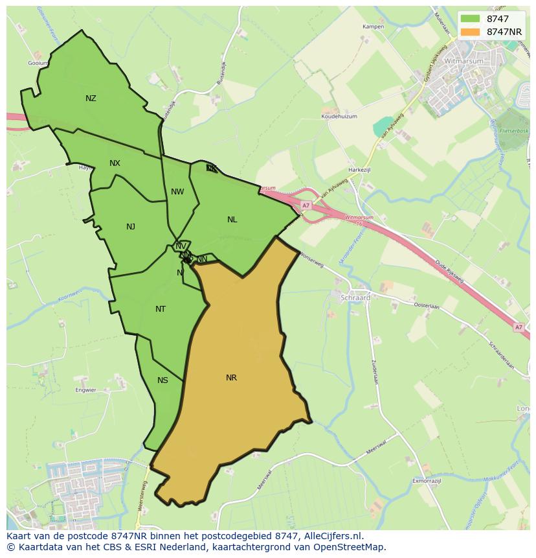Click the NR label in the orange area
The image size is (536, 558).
click(x=231, y=378)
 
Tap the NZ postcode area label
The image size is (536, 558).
click(x=91, y=99)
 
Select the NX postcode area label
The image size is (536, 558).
click(x=115, y=163)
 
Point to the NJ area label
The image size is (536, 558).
click(x=131, y=227)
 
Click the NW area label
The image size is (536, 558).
click(x=177, y=192)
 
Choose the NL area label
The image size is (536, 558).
click(x=232, y=220)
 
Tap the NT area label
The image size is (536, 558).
click(x=161, y=309)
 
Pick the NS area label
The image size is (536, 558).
click(x=162, y=380)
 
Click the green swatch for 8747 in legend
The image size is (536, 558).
click(x=470, y=19)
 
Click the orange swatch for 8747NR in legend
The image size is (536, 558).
click(x=470, y=32)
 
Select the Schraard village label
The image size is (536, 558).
click(x=355, y=297)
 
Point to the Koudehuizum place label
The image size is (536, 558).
click(x=339, y=117)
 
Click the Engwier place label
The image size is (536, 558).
click(x=85, y=390)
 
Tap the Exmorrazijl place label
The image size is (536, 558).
click(x=427, y=482)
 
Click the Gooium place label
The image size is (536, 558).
click(x=38, y=64)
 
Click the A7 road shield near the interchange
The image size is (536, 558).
click(x=305, y=205)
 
